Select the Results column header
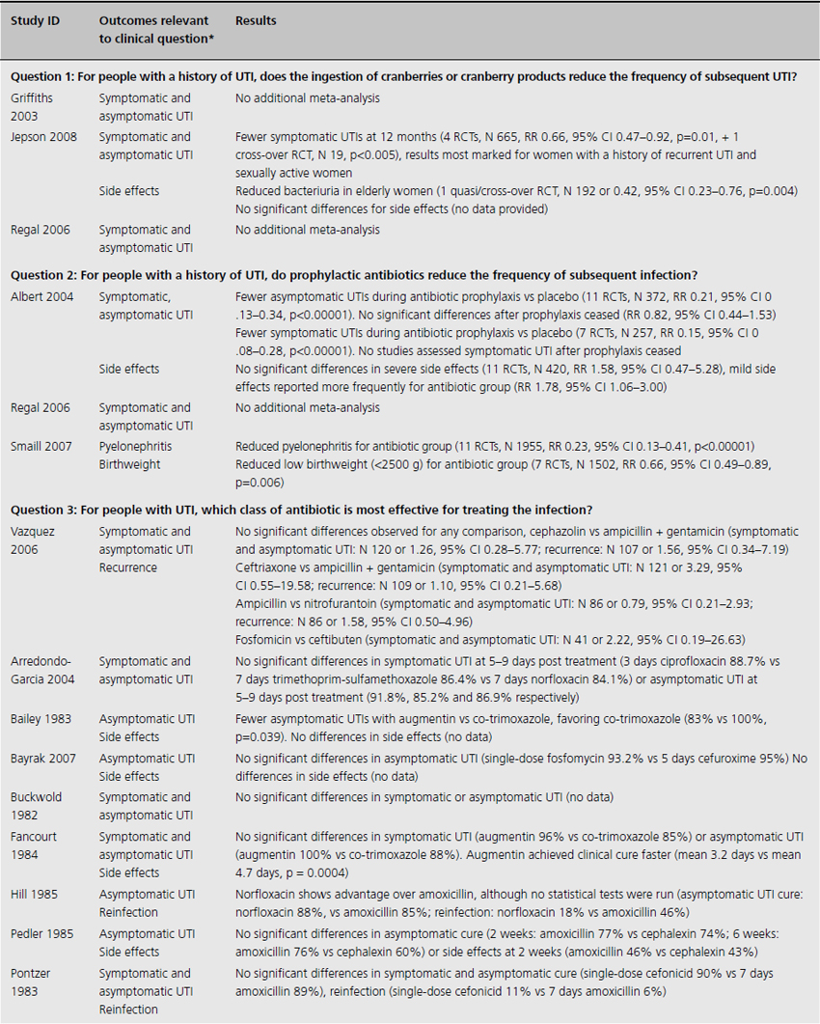point(256,20)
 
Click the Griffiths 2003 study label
point(34,106)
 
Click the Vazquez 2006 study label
point(36,540)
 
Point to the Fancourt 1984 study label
point(38,844)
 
